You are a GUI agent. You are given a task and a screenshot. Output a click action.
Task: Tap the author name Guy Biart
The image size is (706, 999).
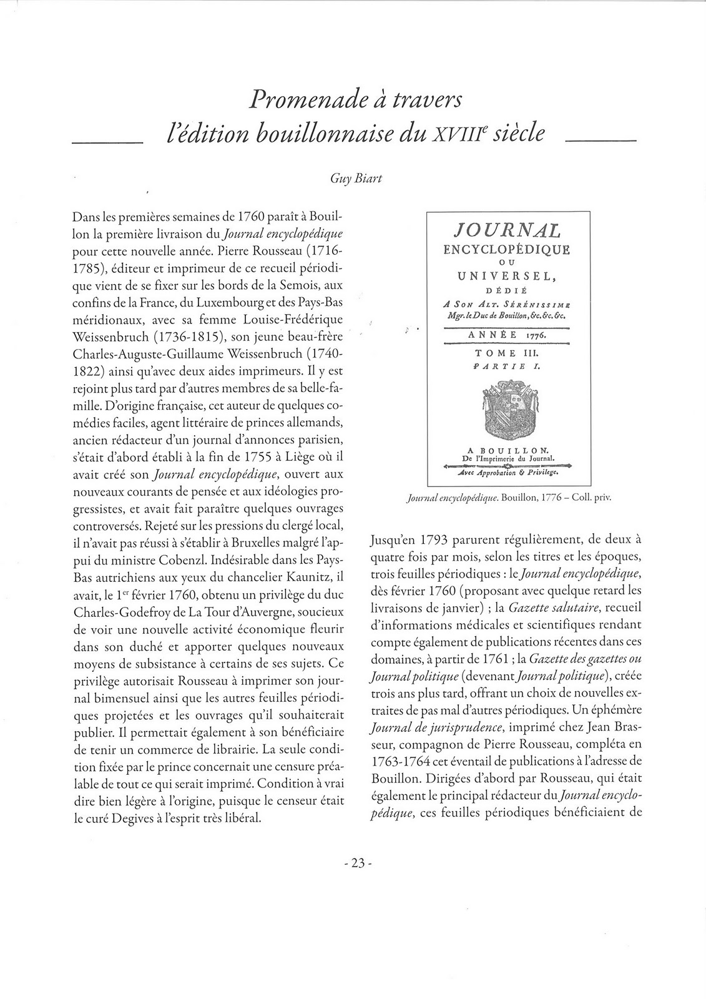356,179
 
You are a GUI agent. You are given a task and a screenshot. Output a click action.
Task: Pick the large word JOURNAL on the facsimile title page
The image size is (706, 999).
506,231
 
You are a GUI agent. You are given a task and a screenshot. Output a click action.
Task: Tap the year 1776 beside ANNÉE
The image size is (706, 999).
534,335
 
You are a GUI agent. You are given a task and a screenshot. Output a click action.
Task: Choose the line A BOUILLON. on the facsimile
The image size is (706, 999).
507,449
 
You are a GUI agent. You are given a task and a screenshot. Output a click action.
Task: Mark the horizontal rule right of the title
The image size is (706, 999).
600,142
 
